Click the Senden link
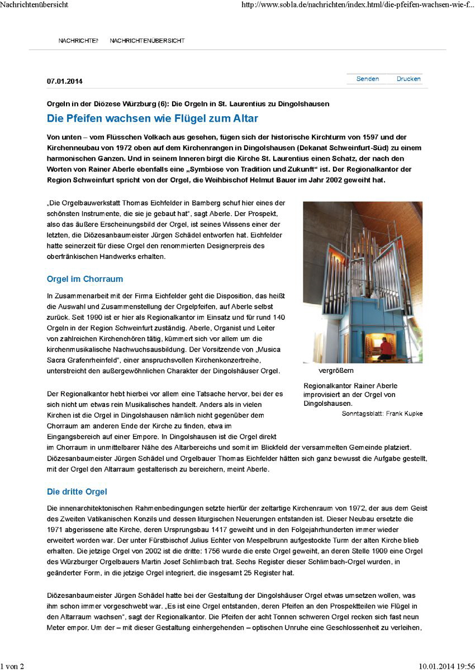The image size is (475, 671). click(367, 79)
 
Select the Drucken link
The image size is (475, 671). click(408, 79)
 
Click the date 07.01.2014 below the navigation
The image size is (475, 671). click(65, 81)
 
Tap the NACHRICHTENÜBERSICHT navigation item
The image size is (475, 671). click(147, 41)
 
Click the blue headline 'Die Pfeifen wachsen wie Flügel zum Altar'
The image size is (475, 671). click(152, 118)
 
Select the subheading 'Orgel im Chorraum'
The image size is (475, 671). click(85, 279)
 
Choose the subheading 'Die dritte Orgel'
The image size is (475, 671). click(77, 492)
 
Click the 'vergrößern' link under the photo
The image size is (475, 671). click(336, 371)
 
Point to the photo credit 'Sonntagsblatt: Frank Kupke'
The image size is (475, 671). click(382, 414)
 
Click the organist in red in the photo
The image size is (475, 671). click(386, 347)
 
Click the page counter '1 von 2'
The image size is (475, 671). click(12, 665)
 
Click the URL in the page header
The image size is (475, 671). click(358, 5)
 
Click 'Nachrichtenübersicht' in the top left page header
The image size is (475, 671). click(35, 5)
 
